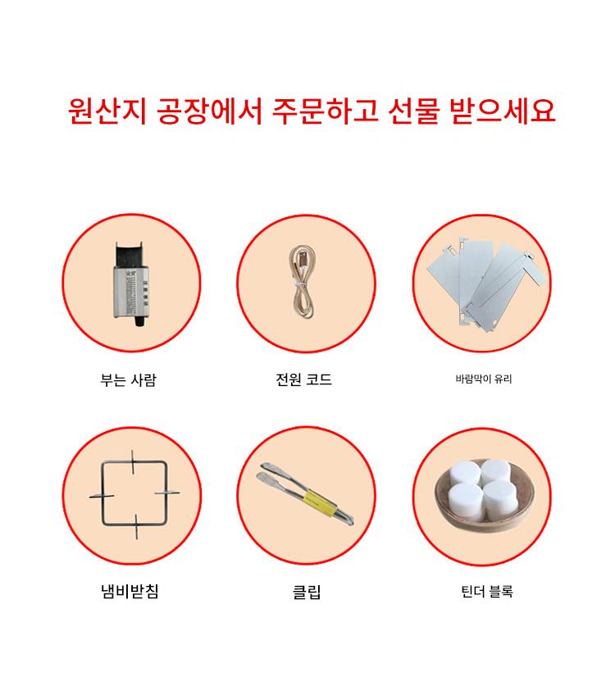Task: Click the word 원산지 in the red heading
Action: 107,111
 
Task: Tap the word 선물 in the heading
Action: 414,111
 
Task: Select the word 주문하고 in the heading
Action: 326,111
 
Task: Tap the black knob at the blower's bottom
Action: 139,321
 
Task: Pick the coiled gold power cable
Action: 302,282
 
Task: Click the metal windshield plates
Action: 485,282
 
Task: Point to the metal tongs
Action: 306,493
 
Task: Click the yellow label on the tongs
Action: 319,502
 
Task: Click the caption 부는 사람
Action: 128,380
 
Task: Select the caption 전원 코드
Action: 303,379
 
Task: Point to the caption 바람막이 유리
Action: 483,379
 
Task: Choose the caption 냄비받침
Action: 130,591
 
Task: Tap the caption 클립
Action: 307,592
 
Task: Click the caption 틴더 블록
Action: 487,591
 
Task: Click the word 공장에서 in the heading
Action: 209,111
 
